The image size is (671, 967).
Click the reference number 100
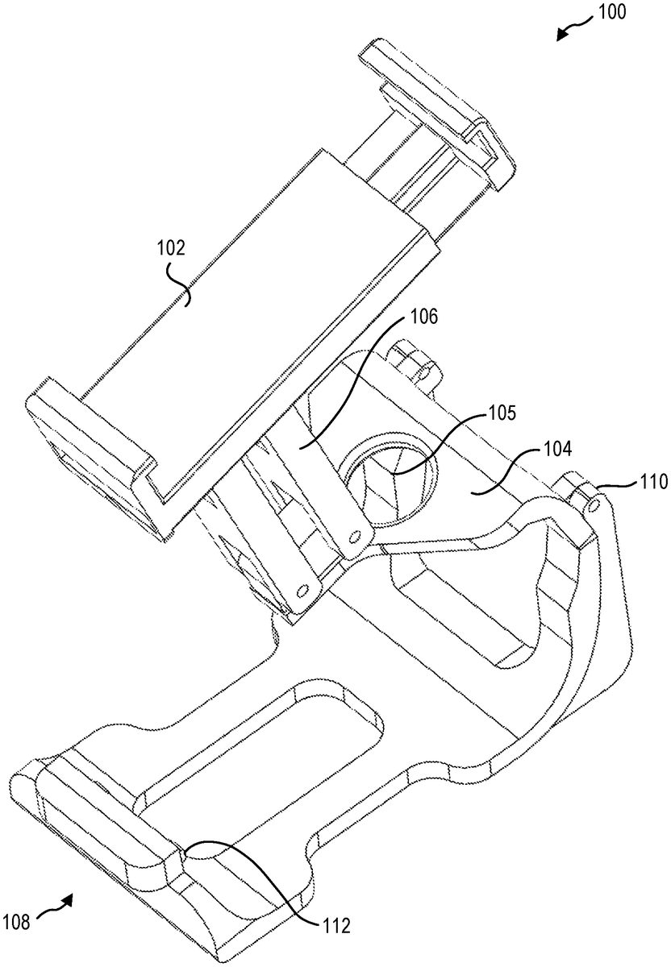click(x=611, y=12)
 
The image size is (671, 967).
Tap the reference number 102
click(x=171, y=249)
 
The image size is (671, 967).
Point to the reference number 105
click(x=502, y=413)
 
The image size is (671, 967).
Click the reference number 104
click(x=557, y=450)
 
